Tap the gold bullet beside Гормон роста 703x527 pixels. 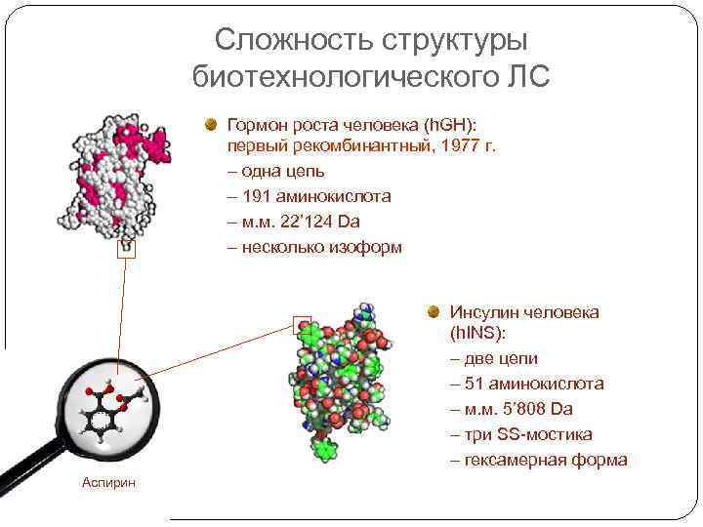click(211, 124)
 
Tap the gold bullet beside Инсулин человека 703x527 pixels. click(434, 312)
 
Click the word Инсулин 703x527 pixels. click(483, 312)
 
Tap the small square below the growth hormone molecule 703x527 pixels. click(125, 250)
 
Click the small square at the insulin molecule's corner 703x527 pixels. click(302, 324)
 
